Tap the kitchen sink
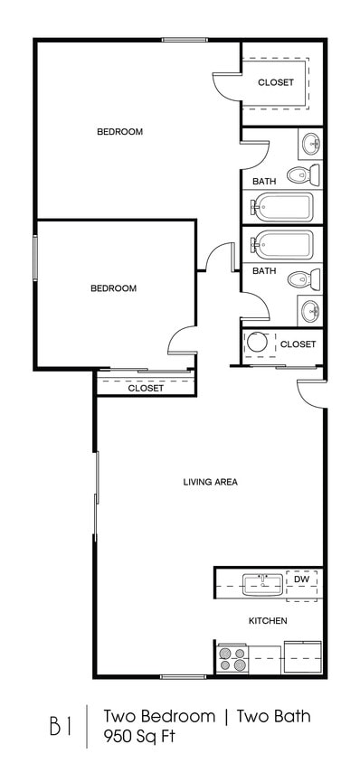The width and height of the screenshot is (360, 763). [x=261, y=583]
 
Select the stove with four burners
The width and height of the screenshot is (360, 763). [x=232, y=659]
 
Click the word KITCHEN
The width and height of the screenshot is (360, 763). [x=268, y=621]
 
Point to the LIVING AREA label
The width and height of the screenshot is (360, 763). [x=210, y=482]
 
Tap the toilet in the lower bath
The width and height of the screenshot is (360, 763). [x=302, y=279]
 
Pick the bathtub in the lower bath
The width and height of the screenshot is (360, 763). [x=282, y=244]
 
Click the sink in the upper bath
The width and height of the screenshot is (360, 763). [x=310, y=142]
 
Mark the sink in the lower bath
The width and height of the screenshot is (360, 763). [x=310, y=312]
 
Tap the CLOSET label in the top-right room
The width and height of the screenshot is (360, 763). [x=276, y=82]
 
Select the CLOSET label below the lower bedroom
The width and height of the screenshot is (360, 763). [x=146, y=388]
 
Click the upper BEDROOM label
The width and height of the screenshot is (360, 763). [x=119, y=132]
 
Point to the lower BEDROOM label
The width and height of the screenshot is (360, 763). [x=113, y=288]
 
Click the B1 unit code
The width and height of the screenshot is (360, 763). [x=60, y=726]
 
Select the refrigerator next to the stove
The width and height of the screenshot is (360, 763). [x=302, y=656]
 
